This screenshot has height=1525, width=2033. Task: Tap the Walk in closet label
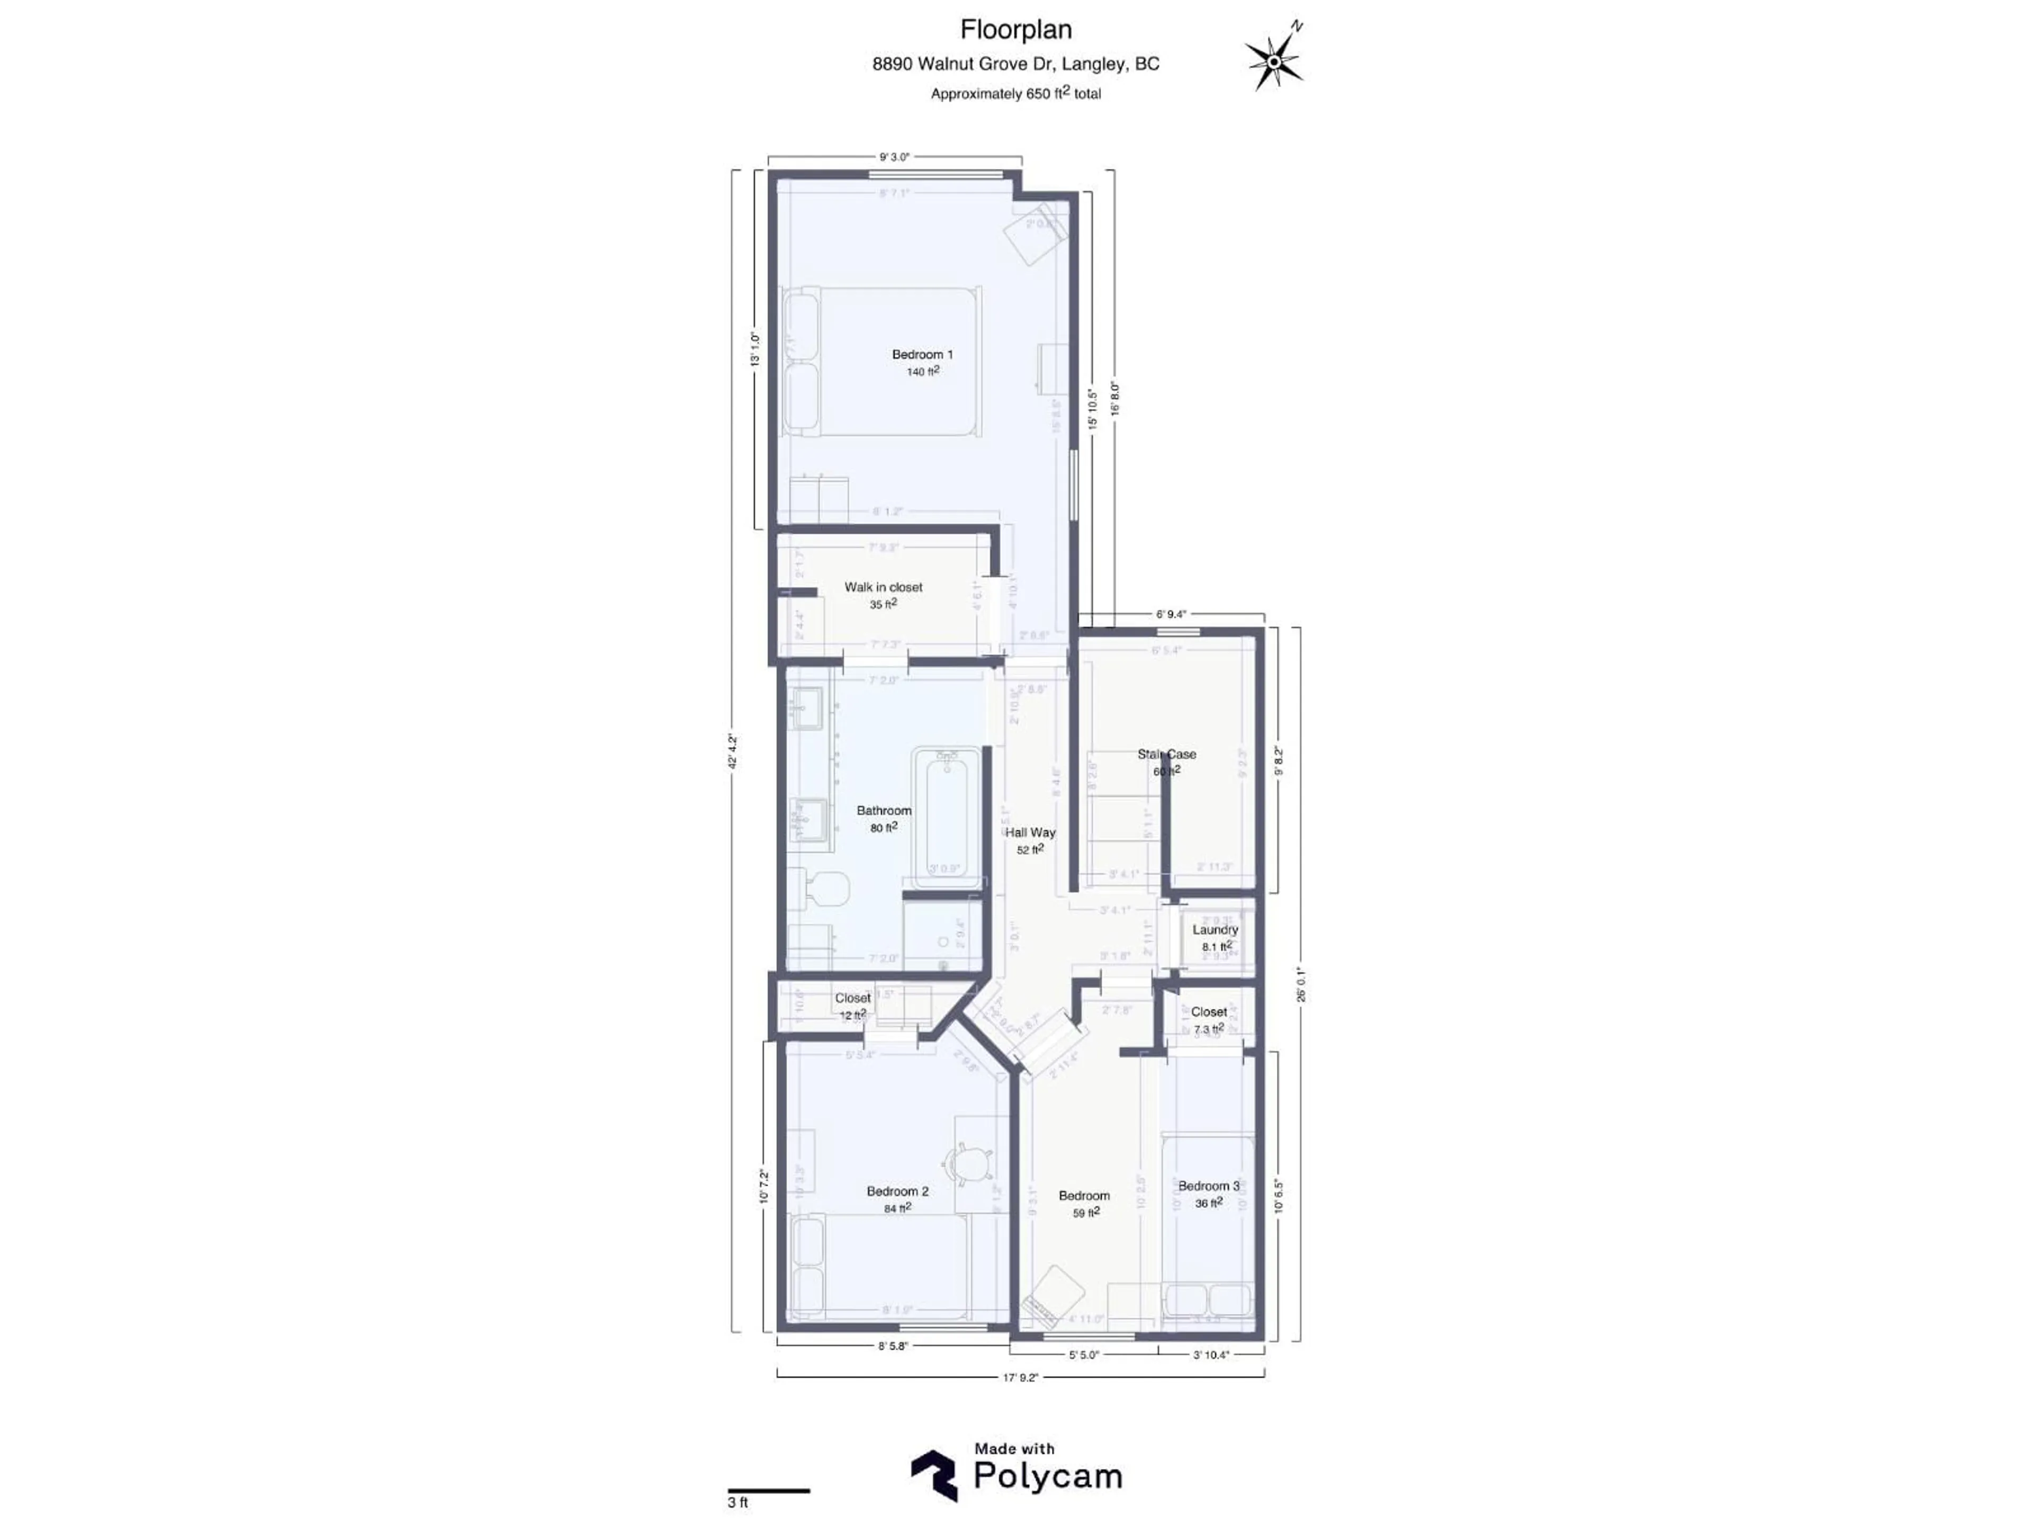[883, 587]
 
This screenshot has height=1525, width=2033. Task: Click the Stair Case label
[1166, 755]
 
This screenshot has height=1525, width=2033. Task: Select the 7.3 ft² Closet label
[1209, 1012]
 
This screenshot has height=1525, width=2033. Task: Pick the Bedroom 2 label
[897, 1191]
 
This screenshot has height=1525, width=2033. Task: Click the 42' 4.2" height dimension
[733, 750]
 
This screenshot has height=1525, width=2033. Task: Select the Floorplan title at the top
[1015, 30]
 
